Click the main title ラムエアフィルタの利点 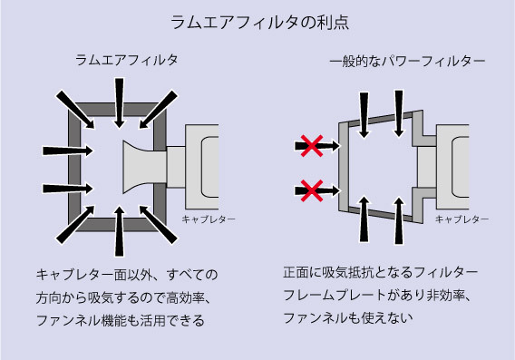click(x=260, y=23)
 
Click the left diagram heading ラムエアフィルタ click(x=127, y=60)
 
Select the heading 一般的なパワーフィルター click(x=407, y=61)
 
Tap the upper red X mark click(x=312, y=145)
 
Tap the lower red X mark click(x=312, y=190)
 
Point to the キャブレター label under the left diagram click(x=209, y=219)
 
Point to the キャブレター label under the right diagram click(x=462, y=219)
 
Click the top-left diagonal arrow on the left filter click(x=75, y=110)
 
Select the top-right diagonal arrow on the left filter click(x=159, y=110)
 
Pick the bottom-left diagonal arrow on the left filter click(x=75, y=225)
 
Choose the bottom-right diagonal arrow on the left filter click(x=159, y=225)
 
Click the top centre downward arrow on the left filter click(x=120, y=103)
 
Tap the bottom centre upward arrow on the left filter click(x=120, y=231)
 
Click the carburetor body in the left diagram click(x=202, y=167)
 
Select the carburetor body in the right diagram click(x=452, y=167)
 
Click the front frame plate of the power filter click(x=344, y=167)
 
